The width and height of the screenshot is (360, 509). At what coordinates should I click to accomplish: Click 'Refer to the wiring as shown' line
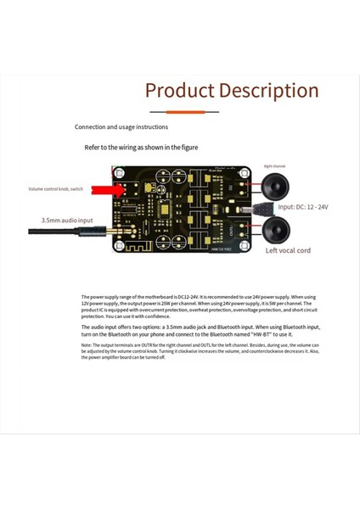(x=141, y=147)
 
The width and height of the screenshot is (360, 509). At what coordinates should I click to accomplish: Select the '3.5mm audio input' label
(x=67, y=220)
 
